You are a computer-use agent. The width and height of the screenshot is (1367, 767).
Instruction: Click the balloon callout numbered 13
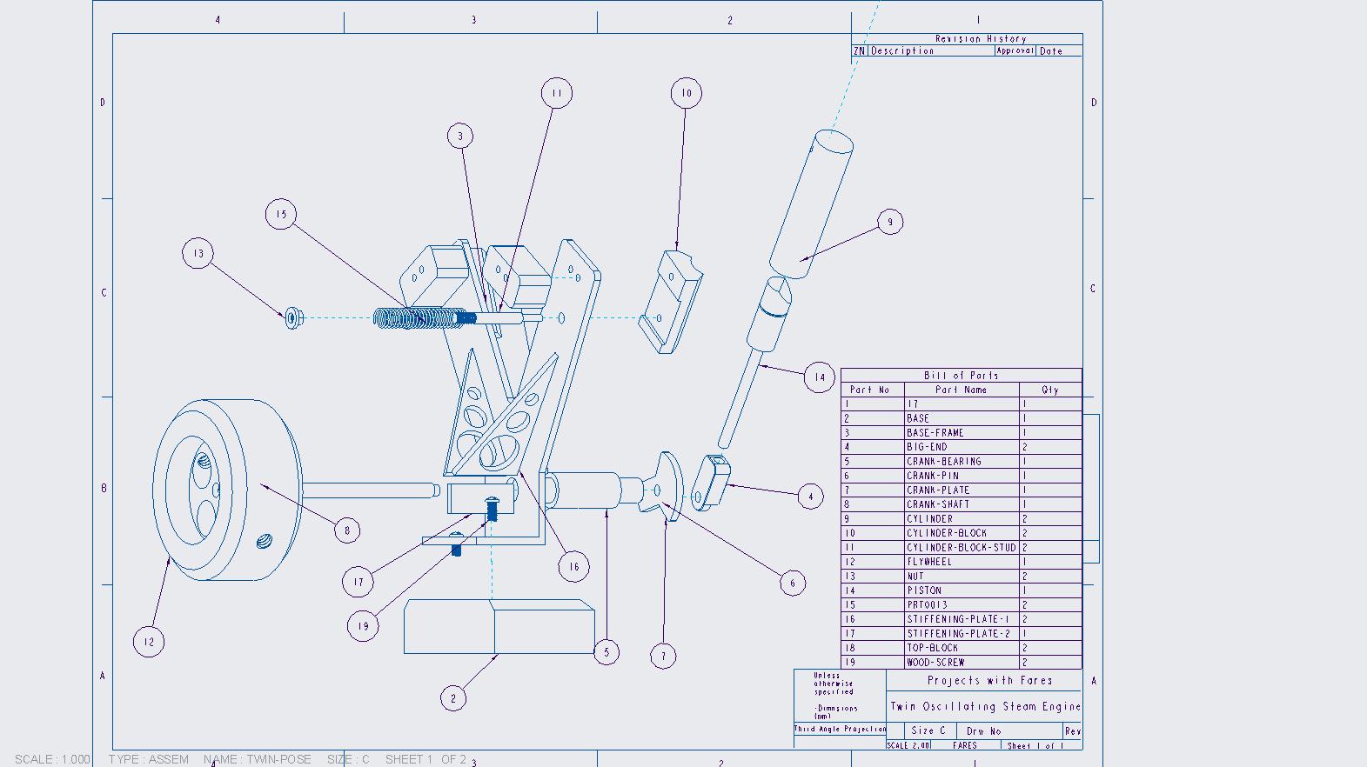[x=198, y=254]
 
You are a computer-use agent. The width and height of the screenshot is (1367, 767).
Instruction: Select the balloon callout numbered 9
[x=889, y=222]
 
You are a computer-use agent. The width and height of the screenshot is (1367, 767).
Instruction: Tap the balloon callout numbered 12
[x=149, y=642]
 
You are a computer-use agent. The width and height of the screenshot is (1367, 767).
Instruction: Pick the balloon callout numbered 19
[x=363, y=625]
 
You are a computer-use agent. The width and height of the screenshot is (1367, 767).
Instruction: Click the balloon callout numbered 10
[x=687, y=93]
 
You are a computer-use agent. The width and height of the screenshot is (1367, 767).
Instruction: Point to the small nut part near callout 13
[x=293, y=317]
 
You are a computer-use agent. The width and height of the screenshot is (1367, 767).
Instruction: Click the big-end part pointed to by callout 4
[x=711, y=483]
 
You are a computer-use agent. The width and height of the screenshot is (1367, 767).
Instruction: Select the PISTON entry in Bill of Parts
[x=923, y=590]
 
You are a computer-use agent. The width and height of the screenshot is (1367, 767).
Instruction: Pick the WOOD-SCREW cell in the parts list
[x=935, y=663]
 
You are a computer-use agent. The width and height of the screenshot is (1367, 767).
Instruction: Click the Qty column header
[x=1049, y=390]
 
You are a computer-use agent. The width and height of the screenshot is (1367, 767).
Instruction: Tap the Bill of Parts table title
[x=961, y=376]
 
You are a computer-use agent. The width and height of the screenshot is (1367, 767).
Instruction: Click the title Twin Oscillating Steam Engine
[x=984, y=707]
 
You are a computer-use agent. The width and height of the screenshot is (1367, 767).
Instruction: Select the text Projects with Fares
[x=989, y=681]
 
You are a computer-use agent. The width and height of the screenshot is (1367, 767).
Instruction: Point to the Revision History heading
[x=981, y=39]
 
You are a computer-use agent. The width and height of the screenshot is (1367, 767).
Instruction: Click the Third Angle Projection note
[x=840, y=729]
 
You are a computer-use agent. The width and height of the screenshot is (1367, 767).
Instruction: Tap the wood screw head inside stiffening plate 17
[x=492, y=502]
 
